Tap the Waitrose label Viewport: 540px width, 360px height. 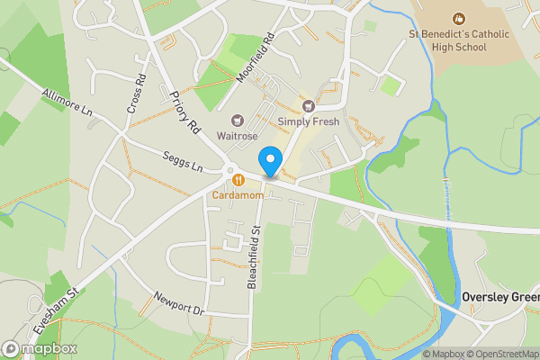[237, 136]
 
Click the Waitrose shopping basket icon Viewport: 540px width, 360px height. [238, 120]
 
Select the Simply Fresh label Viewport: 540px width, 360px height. [310, 121]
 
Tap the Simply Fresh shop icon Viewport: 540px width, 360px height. [310, 106]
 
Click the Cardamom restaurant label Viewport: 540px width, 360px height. [238, 194]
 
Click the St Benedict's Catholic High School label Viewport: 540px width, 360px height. [459, 40]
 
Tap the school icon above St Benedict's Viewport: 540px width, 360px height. [459, 18]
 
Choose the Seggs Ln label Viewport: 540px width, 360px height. [183, 158]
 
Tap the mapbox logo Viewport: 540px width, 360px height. [40, 348]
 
